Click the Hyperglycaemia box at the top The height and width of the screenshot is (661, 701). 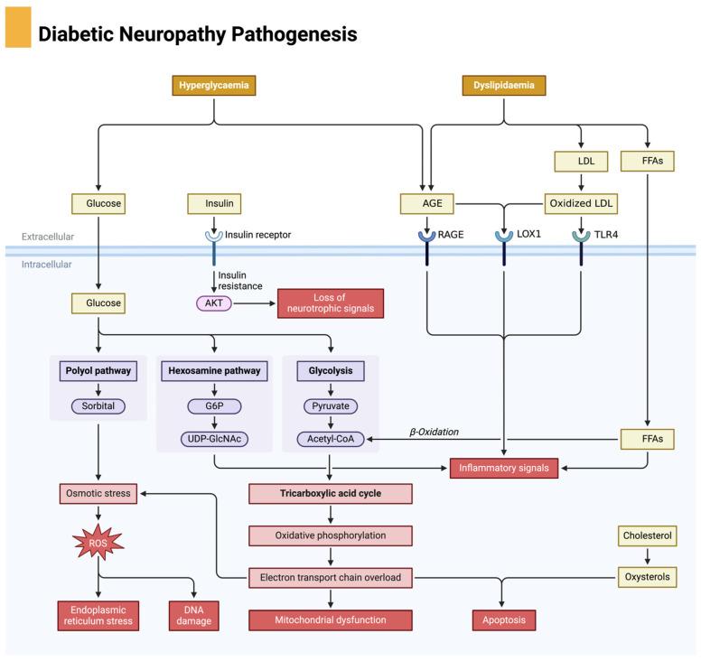click(213, 86)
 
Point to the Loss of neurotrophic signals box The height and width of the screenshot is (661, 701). click(330, 303)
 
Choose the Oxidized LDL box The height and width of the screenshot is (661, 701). click(580, 204)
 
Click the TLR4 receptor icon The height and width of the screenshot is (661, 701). click(580, 237)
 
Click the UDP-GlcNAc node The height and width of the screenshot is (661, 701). click(214, 440)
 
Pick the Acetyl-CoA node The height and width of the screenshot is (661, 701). click(330, 440)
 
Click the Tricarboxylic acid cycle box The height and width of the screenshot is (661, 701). click(330, 493)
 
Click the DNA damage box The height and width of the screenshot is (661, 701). click(194, 615)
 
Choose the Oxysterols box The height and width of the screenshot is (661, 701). click(647, 576)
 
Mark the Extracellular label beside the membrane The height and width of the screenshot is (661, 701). click(48, 237)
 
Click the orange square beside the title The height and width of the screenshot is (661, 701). click(18, 27)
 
